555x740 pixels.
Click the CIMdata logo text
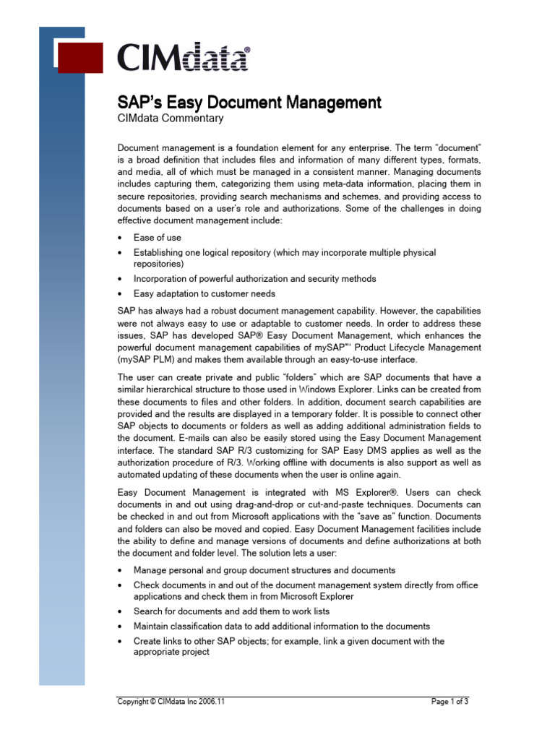click(x=184, y=57)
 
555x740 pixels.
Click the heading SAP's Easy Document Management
click(x=249, y=102)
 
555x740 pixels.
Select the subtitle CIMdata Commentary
click(x=171, y=119)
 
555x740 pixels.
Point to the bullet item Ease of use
click(x=158, y=237)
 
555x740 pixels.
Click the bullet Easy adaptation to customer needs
click(x=205, y=293)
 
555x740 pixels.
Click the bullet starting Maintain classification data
click(x=282, y=626)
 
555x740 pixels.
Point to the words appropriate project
click(x=171, y=651)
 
